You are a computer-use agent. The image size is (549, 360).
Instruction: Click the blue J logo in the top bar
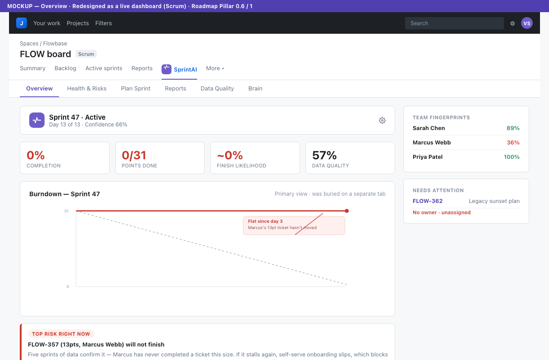[22, 23]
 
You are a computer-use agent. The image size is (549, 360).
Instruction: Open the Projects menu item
[78, 23]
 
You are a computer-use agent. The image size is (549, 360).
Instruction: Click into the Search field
[454, 23]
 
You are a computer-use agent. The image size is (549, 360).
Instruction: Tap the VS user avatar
[526, 23]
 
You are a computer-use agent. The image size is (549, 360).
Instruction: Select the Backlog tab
[65, 68]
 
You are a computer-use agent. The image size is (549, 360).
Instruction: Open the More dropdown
[215, 68]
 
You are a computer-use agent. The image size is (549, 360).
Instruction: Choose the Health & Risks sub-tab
[87, 88]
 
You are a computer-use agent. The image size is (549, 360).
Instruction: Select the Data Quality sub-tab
[217, 88]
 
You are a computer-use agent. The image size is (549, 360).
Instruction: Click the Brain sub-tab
[255, 88]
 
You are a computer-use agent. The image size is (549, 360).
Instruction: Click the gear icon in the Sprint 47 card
[382, 120]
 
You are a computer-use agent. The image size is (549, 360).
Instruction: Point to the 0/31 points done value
[134, 155]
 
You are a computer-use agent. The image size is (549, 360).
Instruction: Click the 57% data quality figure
[324, 155]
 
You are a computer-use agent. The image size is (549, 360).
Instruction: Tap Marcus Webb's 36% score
[513, 142]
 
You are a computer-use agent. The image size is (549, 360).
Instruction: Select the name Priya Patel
[427, 157]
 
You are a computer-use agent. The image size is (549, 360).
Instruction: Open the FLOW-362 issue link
[427, 201]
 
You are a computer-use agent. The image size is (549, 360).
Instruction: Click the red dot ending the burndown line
[346, 211]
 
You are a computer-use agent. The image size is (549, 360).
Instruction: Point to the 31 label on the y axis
[66, 211]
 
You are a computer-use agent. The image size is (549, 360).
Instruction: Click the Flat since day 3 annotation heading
[265, 221]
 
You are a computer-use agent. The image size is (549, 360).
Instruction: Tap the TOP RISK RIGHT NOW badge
[61, 334]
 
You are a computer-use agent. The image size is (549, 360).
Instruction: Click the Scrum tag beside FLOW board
[86, 54]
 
